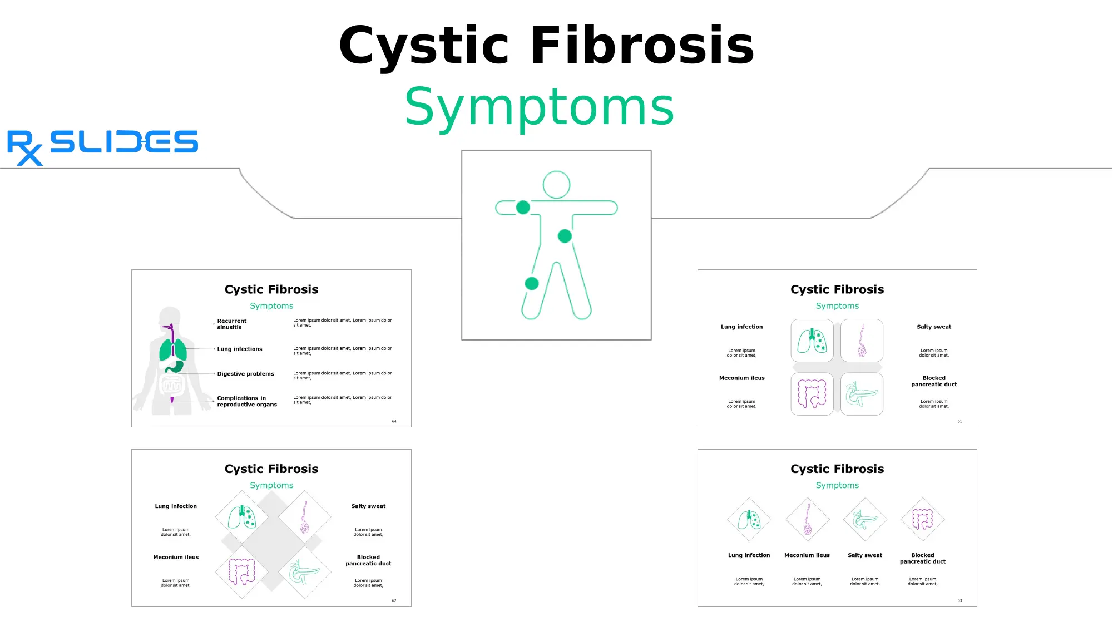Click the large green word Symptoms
point(539,107)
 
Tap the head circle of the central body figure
point(556,185)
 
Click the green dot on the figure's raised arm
point(523,208)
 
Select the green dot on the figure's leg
point(532,283)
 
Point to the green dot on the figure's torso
point(565,236)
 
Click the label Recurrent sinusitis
point(231,324)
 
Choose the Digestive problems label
point(245,374)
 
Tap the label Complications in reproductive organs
point(246,401)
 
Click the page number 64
point(394,421)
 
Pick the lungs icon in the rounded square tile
point(812,341)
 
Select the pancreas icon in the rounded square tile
point(862,395)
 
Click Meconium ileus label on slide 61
point(741,378)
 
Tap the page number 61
point(959,421)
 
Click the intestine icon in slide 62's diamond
point(242,571)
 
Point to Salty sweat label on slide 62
point(368,506)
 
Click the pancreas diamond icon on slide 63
point(865,520)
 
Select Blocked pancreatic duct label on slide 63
point(922,558)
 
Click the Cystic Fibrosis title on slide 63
point(837,469)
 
